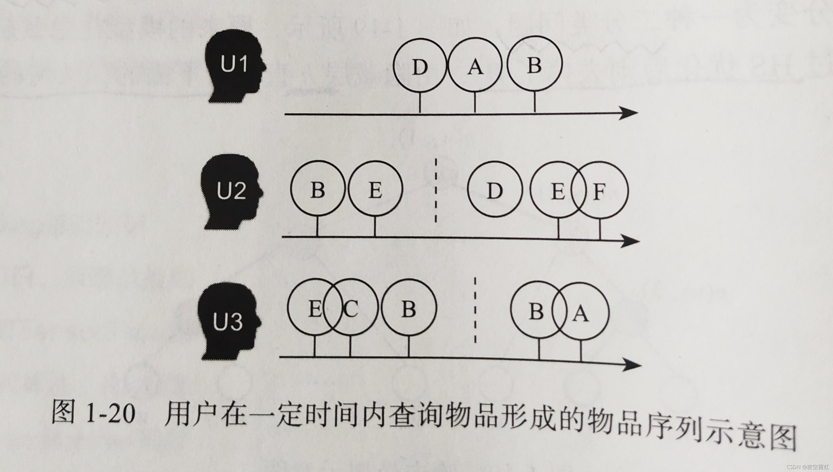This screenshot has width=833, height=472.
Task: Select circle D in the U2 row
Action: [x=495, y=190]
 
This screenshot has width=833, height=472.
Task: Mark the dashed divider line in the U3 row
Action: [x=475, y=310]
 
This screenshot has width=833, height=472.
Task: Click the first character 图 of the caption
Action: [x=64, y=412]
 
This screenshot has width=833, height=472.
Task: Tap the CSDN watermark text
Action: [x=809, y=467]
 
